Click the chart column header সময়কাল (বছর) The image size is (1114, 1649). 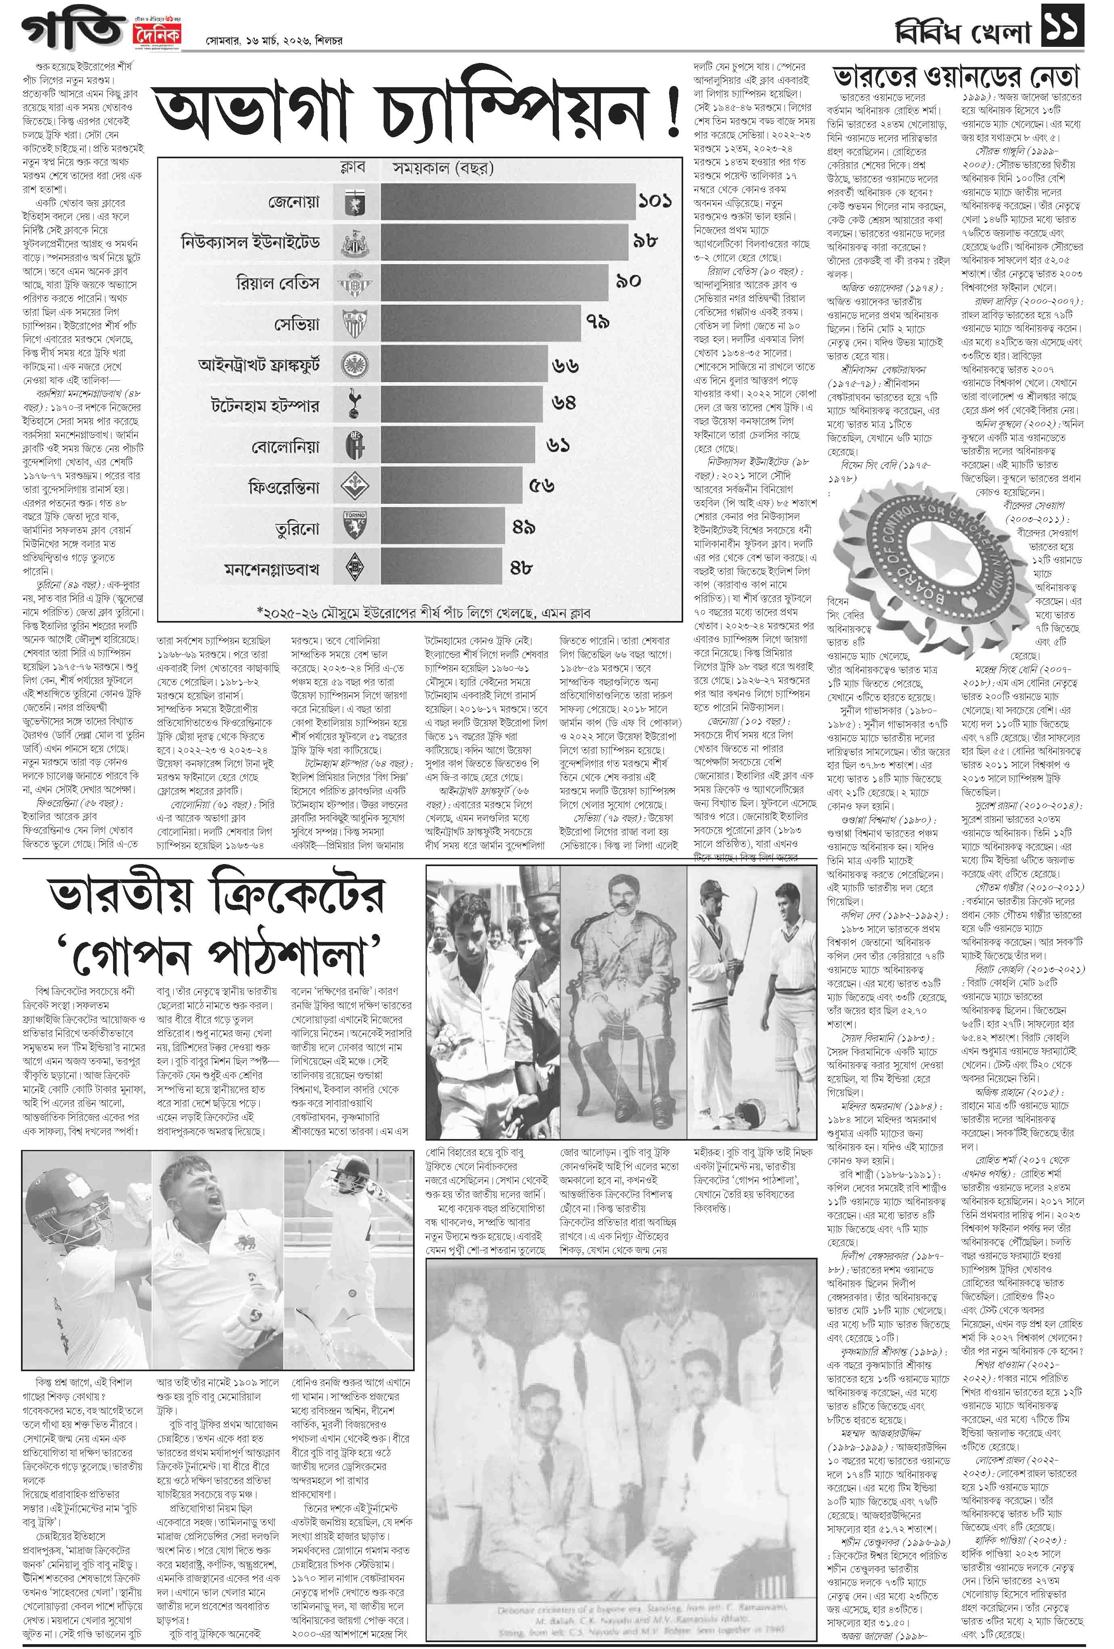[x=443, y=168]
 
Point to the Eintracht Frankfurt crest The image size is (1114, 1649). [x=354, y=365]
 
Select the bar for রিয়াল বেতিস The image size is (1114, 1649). [x=495, y=283]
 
